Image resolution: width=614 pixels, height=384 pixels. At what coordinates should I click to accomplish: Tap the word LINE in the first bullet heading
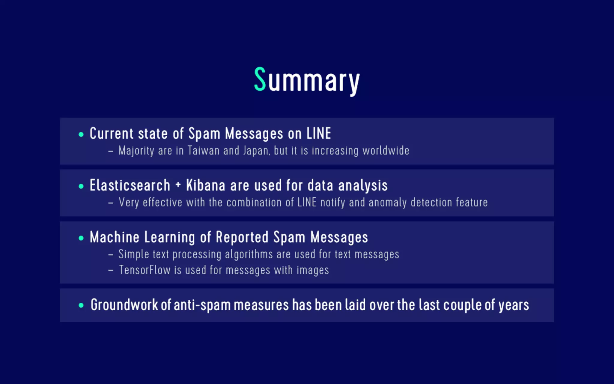coord(319,133)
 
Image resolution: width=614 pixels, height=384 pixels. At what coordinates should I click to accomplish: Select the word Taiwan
coord(204,151)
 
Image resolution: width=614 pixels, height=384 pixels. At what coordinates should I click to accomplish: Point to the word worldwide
coord(386,151)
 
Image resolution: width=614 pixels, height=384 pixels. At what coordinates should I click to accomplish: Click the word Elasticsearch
coord(130,185)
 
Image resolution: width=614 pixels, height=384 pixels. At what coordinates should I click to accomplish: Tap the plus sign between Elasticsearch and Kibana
coord(178,185)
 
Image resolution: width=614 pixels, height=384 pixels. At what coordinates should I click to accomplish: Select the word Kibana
coord(206,185)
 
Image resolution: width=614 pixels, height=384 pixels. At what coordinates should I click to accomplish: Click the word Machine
coord(115,237)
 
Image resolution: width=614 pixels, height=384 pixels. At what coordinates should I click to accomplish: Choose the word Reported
coord(242,237)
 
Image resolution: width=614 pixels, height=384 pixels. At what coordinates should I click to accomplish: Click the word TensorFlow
coord(145,270)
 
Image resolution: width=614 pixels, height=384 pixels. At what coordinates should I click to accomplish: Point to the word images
coord(313,270)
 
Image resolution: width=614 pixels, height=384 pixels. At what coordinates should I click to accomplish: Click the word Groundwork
coord(124,305)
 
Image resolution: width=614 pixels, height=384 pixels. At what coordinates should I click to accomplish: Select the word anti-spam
coord(202,305)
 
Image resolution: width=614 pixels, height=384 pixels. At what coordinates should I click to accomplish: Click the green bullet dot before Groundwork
coord(81,305)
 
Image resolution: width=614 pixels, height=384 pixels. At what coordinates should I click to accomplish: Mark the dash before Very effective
coord(111,203)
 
